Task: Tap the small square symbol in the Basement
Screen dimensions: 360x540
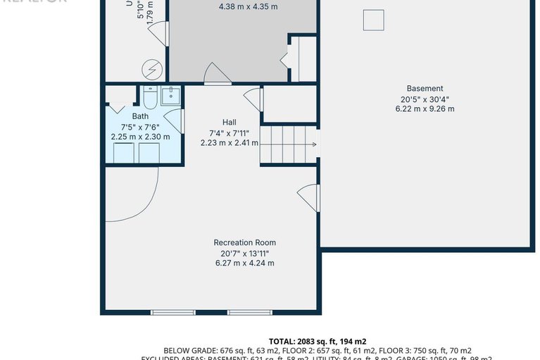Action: click(x=373, y=20)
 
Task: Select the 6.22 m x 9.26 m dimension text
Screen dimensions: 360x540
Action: click(x=425, y=109)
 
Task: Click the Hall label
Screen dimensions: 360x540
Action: click(x=229, y=121)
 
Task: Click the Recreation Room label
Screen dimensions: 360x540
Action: click(x=244, y=243)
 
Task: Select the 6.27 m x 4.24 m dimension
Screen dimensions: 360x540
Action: click(x=244, y=263)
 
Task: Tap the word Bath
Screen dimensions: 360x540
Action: click(x=140, y=116)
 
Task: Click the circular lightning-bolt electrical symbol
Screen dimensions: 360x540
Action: click(x=151, y=69)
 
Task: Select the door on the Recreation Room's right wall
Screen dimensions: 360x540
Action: click(x=309, y=197)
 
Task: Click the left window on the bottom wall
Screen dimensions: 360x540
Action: click(x=173, y=312)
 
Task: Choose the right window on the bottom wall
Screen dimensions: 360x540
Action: click(x=249, y=312)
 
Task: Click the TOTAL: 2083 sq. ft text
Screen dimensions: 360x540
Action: click(x=318, y=341)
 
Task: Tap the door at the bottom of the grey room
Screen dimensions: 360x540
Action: click(x=217, y=75)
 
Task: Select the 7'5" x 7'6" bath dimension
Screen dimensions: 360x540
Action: click(x=140, y=127)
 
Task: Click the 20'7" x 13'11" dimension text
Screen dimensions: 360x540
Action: click(x=244, y=254)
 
